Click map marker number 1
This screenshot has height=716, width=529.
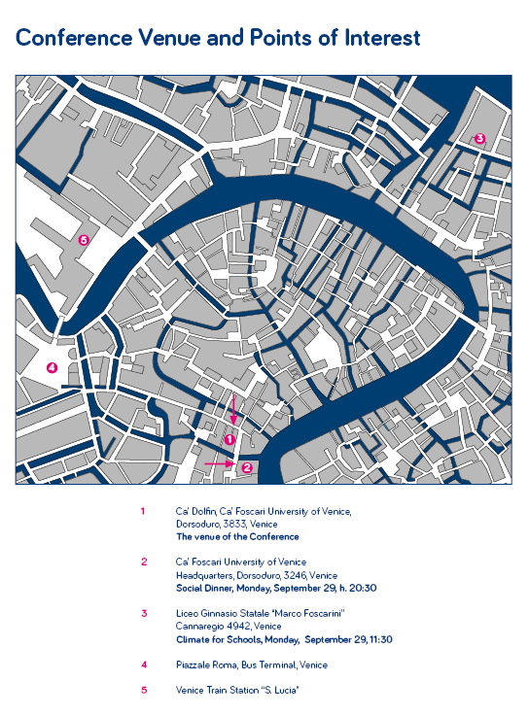pyautogui.click(x=230, y=439)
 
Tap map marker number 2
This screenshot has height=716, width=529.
pyautogui.click(x=247, y=467)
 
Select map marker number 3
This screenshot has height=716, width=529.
pyautogui.click(x=479, y=138)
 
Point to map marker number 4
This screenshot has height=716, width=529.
pyautogui.click(x=53, y=367)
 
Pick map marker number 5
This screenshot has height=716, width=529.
pyautogui.click(x=84, y=239)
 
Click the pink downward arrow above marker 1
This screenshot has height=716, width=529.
pyautogui.click(x=233, y=410)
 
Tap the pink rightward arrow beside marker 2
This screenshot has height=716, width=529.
pyautogui.click(x=220, y=463)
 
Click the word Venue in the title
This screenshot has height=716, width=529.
pyautogui.click(x=168, y=38)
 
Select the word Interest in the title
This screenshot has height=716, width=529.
pyautogui.click(x=382, y=38)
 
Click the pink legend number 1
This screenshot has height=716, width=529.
pyautogui.click(x=143, y=511)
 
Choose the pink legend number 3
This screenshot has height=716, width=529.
pyautogui.click(x=144, y=613)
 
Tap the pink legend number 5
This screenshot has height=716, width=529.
pyautogui.click(x=144, y=690)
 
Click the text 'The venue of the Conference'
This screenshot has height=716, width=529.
pyautogui.click(x=237, y=536)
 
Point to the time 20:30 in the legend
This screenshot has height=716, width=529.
pyautogui.click(x=363, y=588)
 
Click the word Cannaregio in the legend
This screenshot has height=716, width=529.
pyautogui.click(x=199, y=626)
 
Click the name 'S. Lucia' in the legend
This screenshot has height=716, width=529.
pyautogui.click(x=282, y=690)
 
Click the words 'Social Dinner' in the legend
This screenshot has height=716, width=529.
pyautogui.click(x=205, y=588)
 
